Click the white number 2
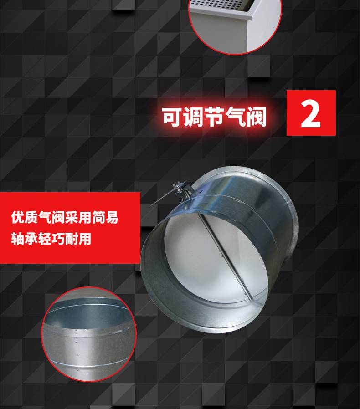click(311, 114)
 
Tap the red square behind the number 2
click(311, 112)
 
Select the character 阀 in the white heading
click(257, 117)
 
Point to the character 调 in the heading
click(193, 117)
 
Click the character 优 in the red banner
click(17, 217)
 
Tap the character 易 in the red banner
click(112, 217)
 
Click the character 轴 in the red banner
click(17, 238)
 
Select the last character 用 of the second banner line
click(85, 238)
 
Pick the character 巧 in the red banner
click(58, 238)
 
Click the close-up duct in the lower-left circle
click(89, 334)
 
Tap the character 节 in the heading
click(214, 117)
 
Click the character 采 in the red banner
click(71, 217)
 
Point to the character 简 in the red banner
click(98, 217)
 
